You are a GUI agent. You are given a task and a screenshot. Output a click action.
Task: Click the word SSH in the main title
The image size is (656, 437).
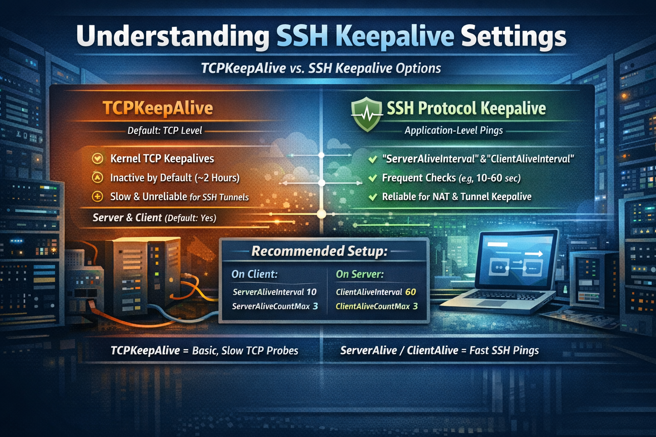[302, 37]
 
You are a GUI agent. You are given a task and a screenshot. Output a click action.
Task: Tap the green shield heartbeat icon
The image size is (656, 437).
[366, 114]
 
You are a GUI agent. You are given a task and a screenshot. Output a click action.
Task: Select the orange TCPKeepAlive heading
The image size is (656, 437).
[158, 108]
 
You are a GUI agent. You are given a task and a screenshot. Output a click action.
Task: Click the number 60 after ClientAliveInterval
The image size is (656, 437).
[410, 292]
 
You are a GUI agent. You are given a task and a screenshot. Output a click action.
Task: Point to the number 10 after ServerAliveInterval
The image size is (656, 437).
[311, 292]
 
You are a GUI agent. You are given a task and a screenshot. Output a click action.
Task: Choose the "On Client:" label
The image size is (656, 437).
[255, 274]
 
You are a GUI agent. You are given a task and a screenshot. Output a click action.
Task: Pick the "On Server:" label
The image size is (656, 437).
[360, 274]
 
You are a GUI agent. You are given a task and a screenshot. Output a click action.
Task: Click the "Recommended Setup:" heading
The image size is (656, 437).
[319, 251]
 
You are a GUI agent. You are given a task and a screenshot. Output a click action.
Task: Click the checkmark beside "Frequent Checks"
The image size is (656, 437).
[373, 178]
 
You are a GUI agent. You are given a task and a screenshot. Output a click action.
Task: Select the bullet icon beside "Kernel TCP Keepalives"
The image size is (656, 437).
[98, 159]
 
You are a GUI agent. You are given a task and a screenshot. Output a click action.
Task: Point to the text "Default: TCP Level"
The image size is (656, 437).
[164, 131]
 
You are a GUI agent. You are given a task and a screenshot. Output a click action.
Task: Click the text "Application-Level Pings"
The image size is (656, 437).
[454, 131]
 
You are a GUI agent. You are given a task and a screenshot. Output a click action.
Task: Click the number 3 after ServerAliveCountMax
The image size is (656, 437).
[315, 306]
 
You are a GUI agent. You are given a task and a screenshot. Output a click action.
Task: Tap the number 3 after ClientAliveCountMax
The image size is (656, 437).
[415, 306]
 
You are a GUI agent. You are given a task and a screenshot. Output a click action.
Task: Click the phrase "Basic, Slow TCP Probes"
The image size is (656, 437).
[245, 351]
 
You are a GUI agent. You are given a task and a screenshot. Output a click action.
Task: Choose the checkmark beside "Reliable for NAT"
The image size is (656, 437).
[373, 197]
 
